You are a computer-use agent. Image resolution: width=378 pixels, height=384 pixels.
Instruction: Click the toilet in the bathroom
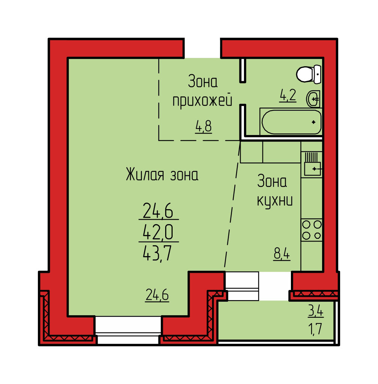pyautogui.click(x=309, y=74)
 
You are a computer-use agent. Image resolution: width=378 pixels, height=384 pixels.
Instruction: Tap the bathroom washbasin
pyautogui.click(x=313, y=99)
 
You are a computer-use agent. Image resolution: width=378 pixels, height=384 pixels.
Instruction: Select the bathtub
pyautogui.click(x=291, y=122)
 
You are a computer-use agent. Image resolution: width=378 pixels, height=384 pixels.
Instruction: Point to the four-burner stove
pyautogui.click(x=312, y=230)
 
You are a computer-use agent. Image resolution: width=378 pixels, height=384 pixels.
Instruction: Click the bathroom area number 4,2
pyautogui.click(x=288, y=96)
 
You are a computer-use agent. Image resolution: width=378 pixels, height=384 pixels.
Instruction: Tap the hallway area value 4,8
pyautogui.click(x=203, y=127)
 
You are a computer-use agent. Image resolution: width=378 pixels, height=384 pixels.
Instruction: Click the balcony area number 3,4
pyautogui.click(x=316, y=311)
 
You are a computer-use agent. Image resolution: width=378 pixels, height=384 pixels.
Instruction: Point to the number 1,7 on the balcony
pyautogui.click(x=316, y=329)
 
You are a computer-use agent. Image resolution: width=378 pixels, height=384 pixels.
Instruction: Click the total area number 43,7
pyautogui.click(x=157, y=253)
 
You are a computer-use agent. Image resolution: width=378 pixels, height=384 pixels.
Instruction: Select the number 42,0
pyautogui.click(x=158, y=232)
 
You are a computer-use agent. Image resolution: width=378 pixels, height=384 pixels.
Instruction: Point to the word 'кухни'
pyautogui.click(x=274, y=201)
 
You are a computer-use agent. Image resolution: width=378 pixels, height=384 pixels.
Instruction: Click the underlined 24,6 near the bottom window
pyautogui.click(x=157, y=295)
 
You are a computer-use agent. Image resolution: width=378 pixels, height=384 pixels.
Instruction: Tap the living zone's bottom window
pyautogui.click(x=128, y=330)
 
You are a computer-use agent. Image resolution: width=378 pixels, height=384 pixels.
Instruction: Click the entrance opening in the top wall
pyautogui.click(x=202, y=48)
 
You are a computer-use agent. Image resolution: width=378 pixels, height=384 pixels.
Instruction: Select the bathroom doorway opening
pyautogui.click(x=242, y=93)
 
